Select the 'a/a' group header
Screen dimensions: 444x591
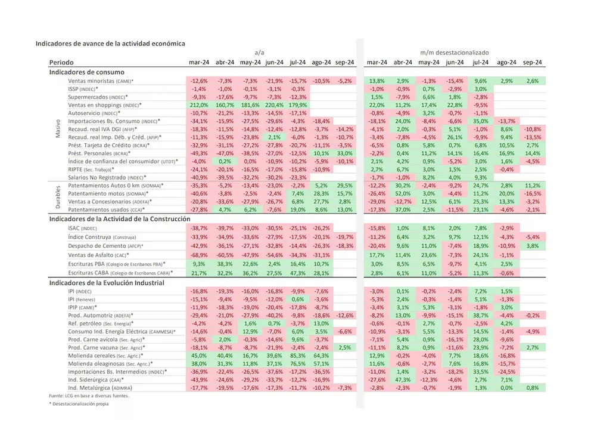tap(259, 53)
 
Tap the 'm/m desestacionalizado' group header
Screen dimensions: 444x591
tap(455, 53)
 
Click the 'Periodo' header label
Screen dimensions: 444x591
tap(62, 63)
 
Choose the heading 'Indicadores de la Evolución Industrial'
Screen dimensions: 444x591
tap(107, 282)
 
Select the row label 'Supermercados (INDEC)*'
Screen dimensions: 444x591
tap(98, 97)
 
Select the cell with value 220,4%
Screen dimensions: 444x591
tap(273, 104)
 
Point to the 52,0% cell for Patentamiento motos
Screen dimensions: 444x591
tap(403, 194)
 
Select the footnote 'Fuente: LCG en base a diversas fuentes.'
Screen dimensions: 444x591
tap(80, 396)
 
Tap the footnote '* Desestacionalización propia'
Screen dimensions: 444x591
tap(74, 404)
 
